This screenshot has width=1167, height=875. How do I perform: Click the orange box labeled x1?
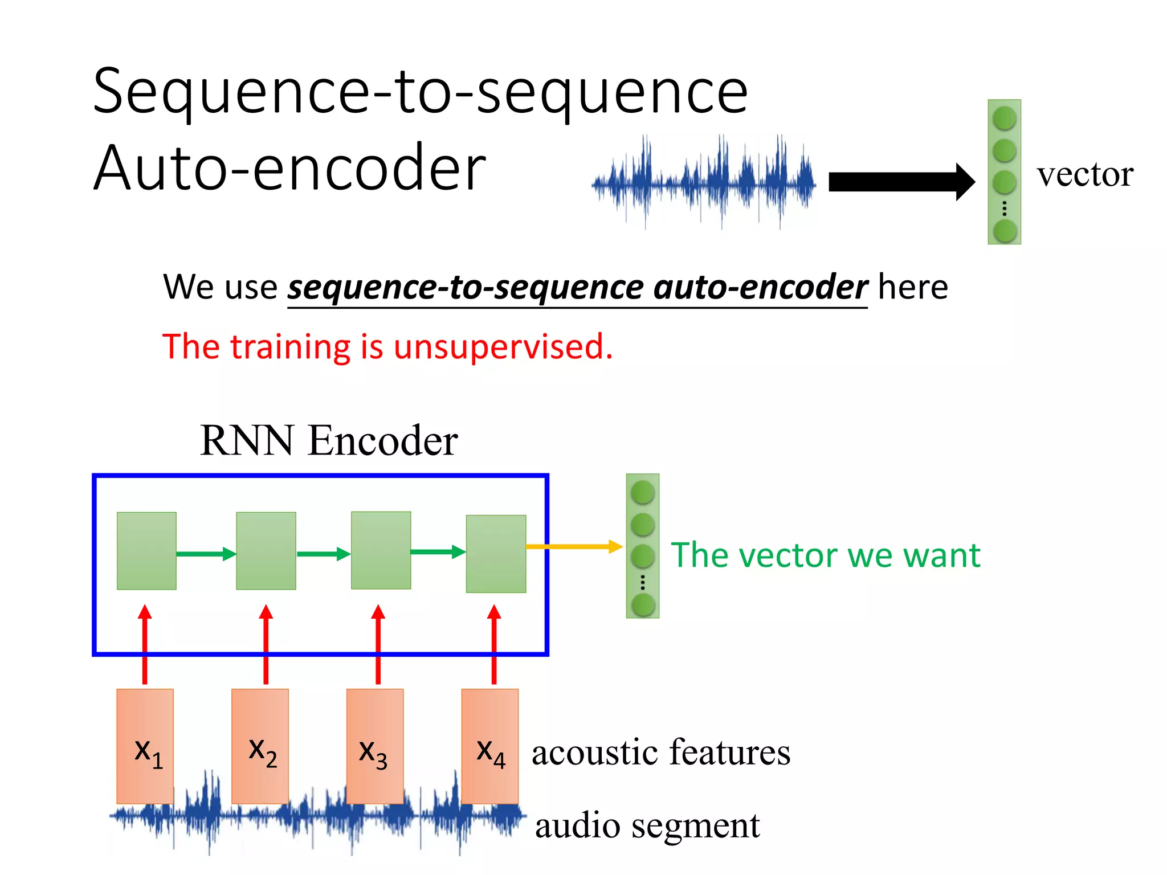145,746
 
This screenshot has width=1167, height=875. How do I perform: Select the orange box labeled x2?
260,746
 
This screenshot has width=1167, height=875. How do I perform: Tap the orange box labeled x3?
375,746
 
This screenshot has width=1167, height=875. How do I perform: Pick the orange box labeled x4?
489,746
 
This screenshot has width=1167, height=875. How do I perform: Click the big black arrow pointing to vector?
900,182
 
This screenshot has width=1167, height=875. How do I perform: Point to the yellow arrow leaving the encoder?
573,547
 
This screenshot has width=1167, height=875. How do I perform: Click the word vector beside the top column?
1084,174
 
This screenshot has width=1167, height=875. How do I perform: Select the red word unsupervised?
503,347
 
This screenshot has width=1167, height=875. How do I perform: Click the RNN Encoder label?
329,440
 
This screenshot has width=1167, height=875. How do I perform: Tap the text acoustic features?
661,752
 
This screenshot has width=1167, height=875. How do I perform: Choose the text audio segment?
647,825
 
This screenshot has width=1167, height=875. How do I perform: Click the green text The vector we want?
825,555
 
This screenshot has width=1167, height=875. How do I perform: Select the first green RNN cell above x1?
146,550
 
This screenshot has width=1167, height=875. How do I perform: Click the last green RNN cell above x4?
496,554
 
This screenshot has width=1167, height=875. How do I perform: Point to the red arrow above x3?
378,644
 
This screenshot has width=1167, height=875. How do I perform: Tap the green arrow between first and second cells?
206,554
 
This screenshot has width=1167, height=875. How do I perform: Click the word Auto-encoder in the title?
289,169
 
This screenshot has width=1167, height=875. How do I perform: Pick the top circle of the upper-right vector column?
1004,118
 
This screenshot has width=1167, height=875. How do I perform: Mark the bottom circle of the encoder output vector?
643,605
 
